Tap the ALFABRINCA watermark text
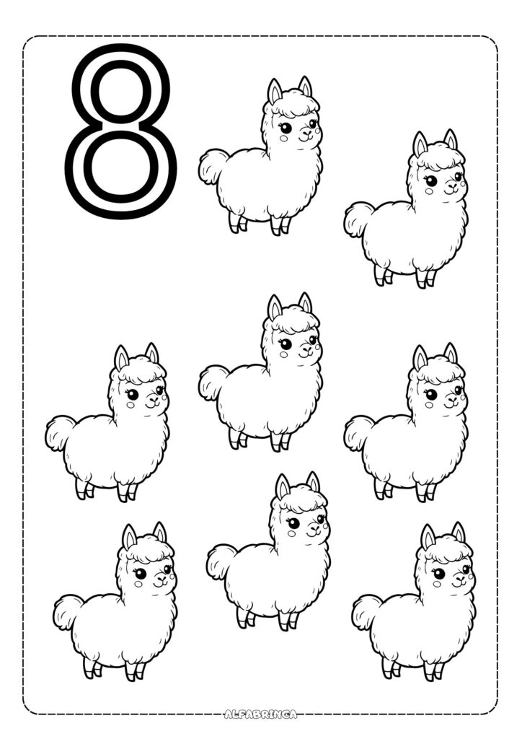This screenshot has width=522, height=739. (x=261, y=714)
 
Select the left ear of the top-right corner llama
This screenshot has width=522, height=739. (x=420, y=144)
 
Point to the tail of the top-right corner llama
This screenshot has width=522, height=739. (x=358, y=219)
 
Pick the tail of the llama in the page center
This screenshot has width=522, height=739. (x=213, y=382)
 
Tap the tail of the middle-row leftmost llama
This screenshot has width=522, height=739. (x=60, y=433)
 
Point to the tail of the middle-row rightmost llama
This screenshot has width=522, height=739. (x=358, y=432)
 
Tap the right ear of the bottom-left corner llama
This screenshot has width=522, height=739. (x=160, y=533)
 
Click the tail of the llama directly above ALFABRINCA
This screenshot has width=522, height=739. (x=221, y=561)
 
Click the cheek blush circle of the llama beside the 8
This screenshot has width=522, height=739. (x=283, y=139)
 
